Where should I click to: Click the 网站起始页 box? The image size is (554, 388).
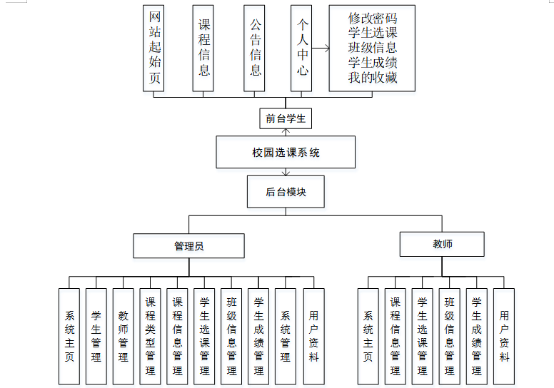click(154, 48)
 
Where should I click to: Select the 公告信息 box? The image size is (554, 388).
click(255, 48)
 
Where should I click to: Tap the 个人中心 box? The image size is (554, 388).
click(301, 48)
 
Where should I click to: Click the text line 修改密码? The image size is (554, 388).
click(372, 18)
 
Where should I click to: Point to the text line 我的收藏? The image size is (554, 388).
click(372, 78)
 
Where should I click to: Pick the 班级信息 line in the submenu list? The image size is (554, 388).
click(372, 48)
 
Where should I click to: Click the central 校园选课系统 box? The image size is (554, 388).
click(286, 153)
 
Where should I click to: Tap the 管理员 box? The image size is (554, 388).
click(188, 246)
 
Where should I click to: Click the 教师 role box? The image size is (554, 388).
click(442, 244)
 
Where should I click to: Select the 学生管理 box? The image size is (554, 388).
click(96, 336)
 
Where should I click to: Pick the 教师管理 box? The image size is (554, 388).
click(123, 336)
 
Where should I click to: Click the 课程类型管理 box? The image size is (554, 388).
click(150, 336)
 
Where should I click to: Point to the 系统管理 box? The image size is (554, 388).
click(286, 336)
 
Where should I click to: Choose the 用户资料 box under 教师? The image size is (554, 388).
click(504, 336)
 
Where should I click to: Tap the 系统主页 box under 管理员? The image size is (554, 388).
click(69, 336)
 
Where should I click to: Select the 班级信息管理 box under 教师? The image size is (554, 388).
click(449, 336)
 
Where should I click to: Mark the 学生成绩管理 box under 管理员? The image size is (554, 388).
click(258, 336)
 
